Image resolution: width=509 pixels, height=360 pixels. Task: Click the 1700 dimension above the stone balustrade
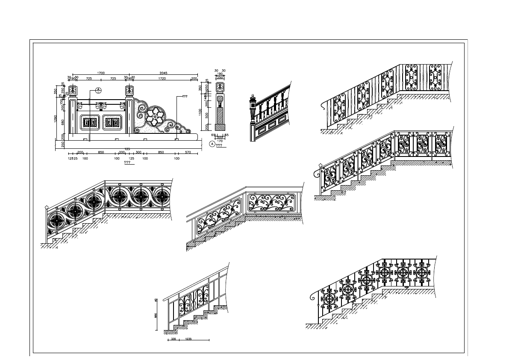pyautogui.click(x=101, y=74)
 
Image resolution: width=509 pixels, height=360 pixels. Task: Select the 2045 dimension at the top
pyautogui.click(x=163, y=74)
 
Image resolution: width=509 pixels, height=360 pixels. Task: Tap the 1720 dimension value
pyautogui.click(x=162, y=79)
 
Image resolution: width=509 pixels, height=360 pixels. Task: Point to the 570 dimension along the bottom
pyautogui.click(x=188, y=152)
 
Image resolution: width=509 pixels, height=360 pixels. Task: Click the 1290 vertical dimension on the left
pyautogui.click(x=56, y=118)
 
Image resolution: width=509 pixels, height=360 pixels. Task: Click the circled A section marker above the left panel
pyautogui.click(x=98, y=90)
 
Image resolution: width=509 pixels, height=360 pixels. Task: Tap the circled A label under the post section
pyautogui.click(x=212, y=144)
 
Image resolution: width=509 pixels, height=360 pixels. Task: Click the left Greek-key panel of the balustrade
pyautogui.click(x=90, y=122)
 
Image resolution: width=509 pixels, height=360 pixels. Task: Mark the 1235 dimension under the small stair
pyautogui.click(x=188, y=339)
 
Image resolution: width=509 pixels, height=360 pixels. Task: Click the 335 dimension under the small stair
pyautogui.click(x=174, y=339)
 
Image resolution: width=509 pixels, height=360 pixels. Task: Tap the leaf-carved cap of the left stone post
pyautogui.click(x=73, y=91)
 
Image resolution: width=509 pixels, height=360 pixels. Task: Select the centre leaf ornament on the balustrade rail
pyautogui.click(x=103, y=105)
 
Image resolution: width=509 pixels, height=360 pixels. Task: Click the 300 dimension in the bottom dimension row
pyautogui.click(x=138, y=152)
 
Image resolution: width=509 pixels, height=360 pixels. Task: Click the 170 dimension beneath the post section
pyautogui.click(x=220, y=140)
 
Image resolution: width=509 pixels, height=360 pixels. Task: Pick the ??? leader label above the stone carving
pyautogui.click(x=185, y=97)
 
